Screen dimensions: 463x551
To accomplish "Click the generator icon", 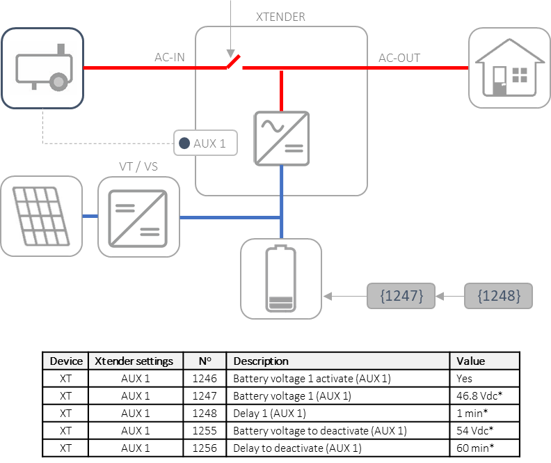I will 42,68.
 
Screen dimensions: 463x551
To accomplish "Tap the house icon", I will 509,68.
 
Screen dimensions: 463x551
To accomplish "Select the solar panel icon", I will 41,217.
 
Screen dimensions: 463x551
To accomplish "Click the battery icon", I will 281,278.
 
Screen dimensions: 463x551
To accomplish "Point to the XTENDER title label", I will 280,17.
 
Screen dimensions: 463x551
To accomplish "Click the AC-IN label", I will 170,57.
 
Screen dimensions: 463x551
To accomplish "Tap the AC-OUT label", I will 399,58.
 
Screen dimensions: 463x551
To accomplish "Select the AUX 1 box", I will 205,143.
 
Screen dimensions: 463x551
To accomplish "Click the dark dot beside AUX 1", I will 184,143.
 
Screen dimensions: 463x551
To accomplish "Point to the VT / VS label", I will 138,167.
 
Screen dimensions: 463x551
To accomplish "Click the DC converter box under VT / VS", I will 138,217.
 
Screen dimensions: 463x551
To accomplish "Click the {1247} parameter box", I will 401,296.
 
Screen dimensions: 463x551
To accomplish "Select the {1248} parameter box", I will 498,296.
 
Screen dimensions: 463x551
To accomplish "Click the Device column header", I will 66,361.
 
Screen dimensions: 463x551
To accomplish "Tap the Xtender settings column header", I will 136,361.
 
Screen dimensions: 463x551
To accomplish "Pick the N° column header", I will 205,361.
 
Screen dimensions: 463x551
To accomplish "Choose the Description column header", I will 338,361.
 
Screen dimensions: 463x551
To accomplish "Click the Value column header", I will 484,361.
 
